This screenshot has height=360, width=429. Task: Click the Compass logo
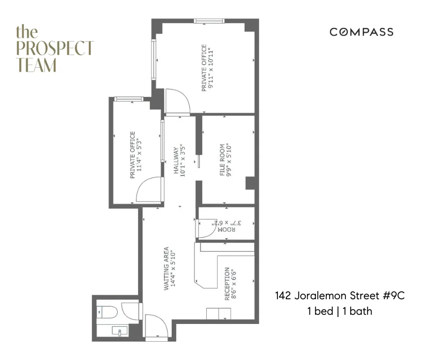pyautogui.click(x=361, y=32)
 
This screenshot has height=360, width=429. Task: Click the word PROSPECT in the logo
pyautogui.click(x=55, y=48)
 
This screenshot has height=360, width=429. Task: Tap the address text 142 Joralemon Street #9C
pyautogui.click(x=340, y=296)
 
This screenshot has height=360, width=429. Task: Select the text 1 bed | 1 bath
pyautogui.click(x=340, y=312)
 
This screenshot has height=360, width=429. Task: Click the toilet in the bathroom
pyautogui.click(x=108, y=312)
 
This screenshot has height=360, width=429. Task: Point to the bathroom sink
pyautogui.click(x=120, y=331)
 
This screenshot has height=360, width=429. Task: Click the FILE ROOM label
pyautogui.click(x=225, y=160)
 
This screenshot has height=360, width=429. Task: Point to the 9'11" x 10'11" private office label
pyautogui.click(x=207, y=68)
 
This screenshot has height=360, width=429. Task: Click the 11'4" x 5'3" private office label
pyautogui.click(x=136, y=155)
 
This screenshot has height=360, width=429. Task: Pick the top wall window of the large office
pyautogui.click(x=209, y=21)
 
